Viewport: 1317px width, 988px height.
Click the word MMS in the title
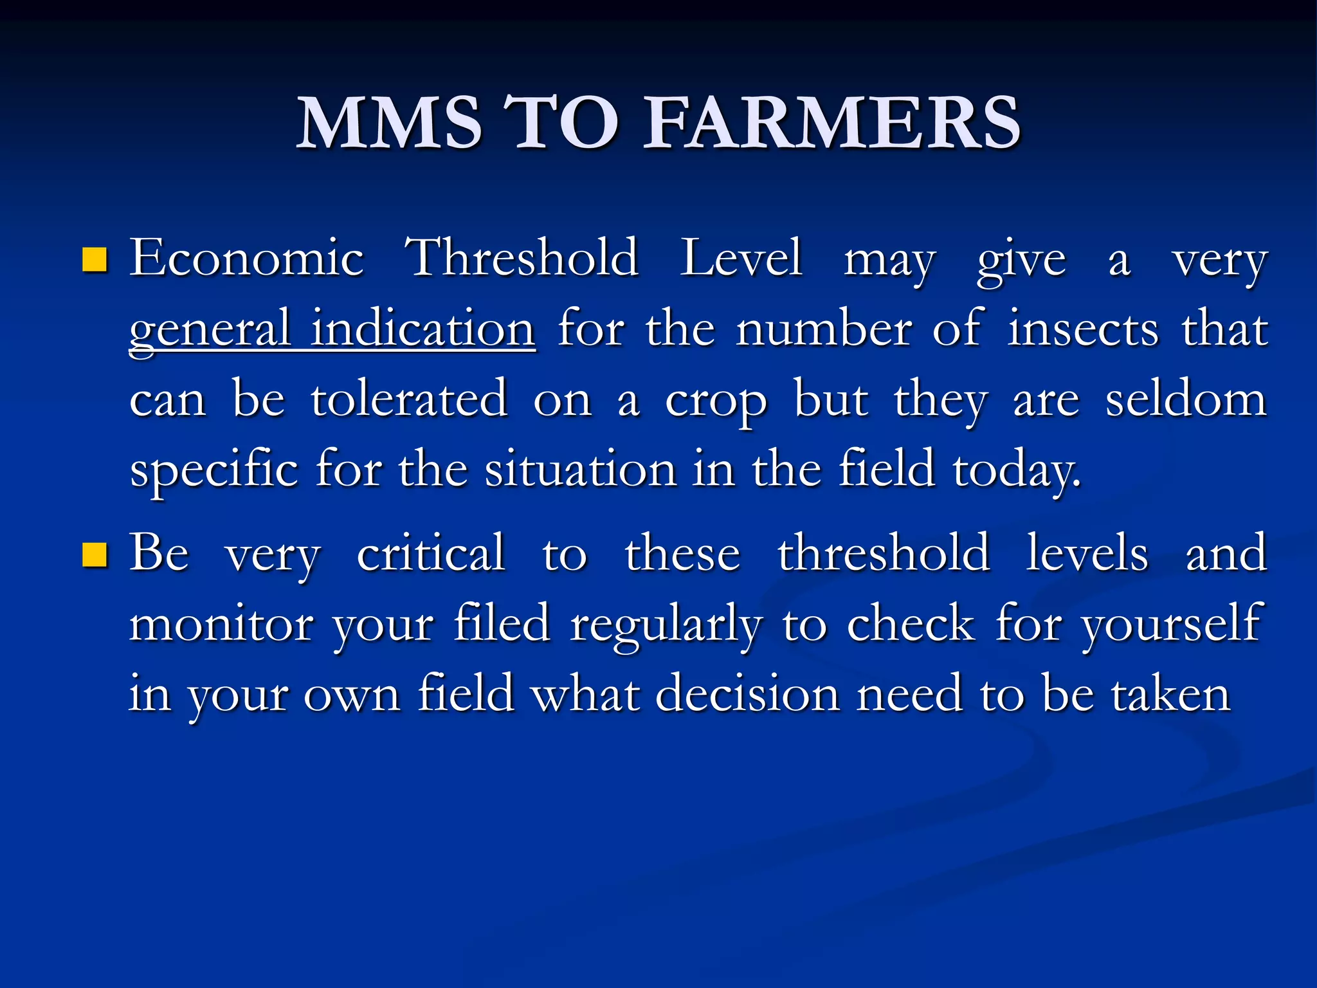(x=389, y=122)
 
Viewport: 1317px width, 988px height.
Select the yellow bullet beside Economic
(x=95, y=261)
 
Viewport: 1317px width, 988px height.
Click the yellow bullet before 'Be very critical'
(x=95, y=555)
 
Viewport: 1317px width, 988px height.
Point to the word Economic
(x=247, y=259)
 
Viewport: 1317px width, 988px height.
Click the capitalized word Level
(x=741, y=259)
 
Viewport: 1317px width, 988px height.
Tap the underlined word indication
(x=422, y=329)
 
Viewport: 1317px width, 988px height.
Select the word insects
(x=1084, y=329)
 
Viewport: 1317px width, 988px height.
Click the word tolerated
(x=410, y=399)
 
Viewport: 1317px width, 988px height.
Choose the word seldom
(x=1186, y=399)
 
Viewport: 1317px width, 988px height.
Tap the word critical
(x=431, y=553)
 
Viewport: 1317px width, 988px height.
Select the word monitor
(x=221, y=624)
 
